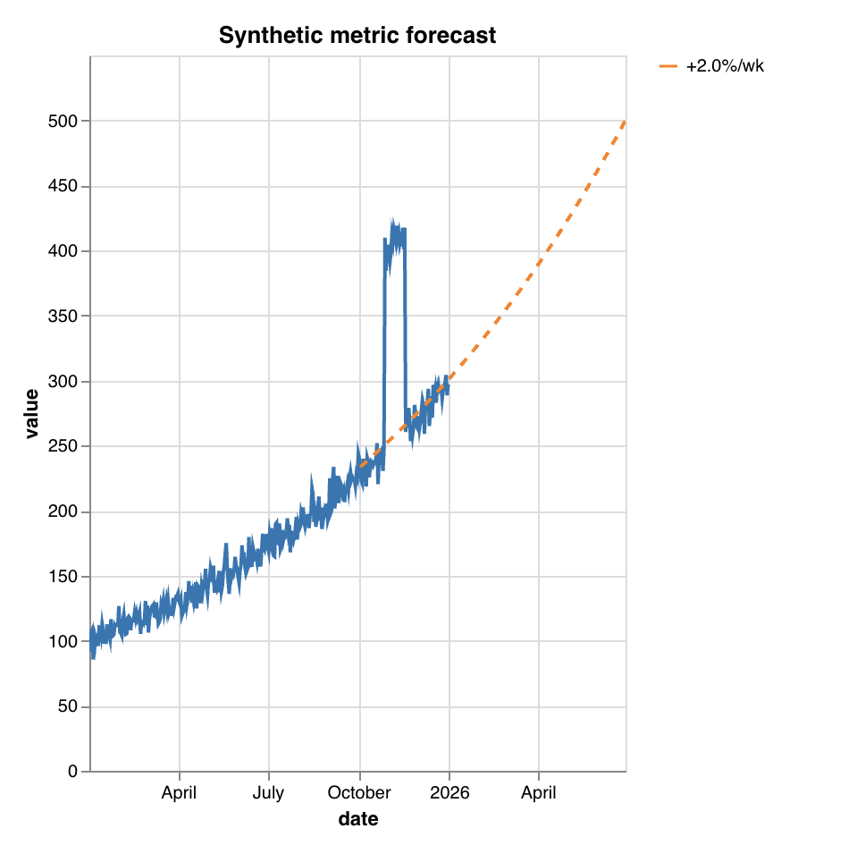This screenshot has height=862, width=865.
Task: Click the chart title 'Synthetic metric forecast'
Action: click(357, 36)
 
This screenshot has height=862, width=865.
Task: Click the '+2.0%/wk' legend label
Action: click(725, 66)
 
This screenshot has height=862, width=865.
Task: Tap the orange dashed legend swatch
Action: click(668, 66)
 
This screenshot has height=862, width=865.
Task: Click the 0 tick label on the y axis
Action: click(73, 772)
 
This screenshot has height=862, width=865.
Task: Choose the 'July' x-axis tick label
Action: click(268, 793)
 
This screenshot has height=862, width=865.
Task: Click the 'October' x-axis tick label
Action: click(359, 793)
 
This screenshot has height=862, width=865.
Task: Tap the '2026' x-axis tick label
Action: click(449, 793)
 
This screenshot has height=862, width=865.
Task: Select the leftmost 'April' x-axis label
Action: click(179, 793)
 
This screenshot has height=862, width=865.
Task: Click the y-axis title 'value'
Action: click(32, 413)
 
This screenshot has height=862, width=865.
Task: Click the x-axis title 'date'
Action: click(357, 819)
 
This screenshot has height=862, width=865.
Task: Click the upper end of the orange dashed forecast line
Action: click(625, 121)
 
